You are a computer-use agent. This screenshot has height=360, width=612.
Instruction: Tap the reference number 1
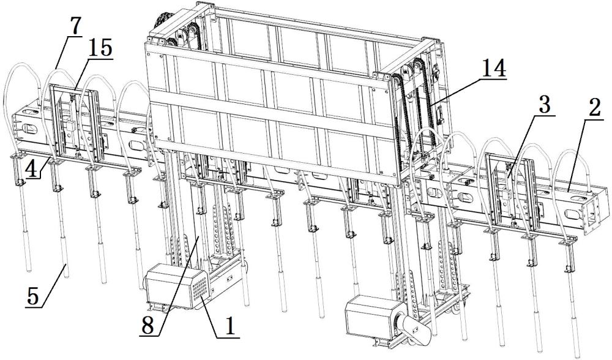click(x=227, y=325)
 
